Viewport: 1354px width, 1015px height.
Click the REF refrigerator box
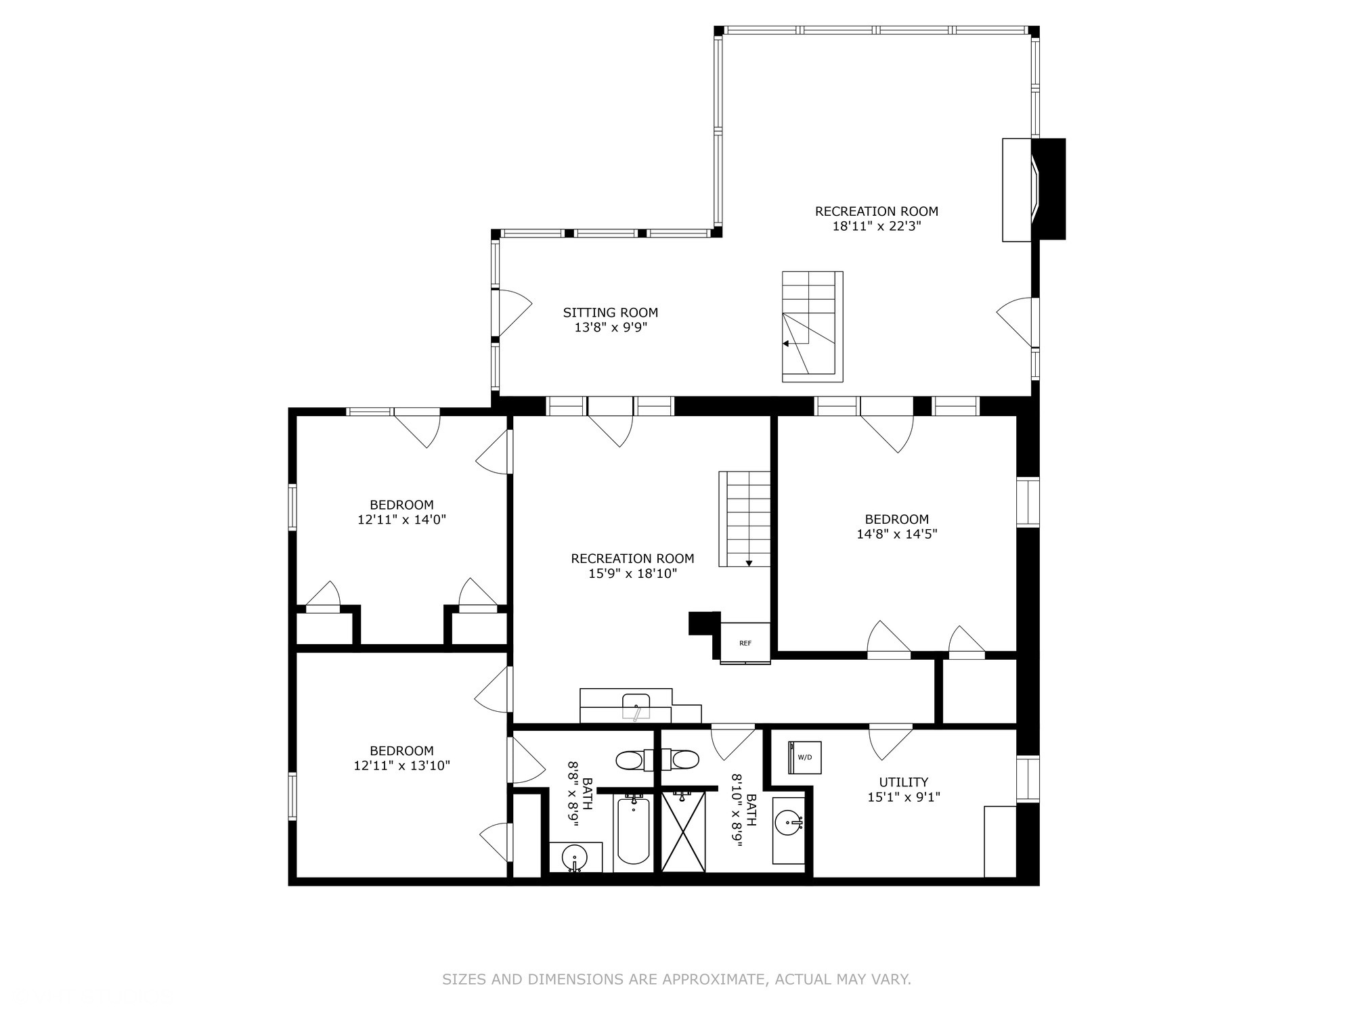click(x=745, y=643)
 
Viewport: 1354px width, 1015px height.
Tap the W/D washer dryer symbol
click(x=805, y=757)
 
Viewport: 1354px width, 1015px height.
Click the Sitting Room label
click(x=610, y=313)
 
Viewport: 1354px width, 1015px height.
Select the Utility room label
click(x=903, y=782)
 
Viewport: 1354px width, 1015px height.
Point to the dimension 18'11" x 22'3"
click(x=876, y=226)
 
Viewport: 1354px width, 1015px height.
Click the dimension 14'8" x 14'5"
click(x=896, y=534)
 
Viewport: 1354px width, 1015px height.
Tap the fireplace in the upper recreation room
click(x=1034, y=189)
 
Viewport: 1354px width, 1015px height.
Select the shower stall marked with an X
click(x=683, y=831)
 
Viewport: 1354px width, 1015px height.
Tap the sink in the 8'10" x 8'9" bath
click(x=789, y=824)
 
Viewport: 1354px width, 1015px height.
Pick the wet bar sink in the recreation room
click(x=636, y=705)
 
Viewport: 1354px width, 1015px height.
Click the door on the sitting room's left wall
click(x=510, y=313)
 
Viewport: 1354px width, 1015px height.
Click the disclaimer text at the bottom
click(x=676, y=979)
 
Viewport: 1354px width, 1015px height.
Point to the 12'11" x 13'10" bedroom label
click(x=401, y=758)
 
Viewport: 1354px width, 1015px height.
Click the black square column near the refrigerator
click(x=703, y=623)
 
